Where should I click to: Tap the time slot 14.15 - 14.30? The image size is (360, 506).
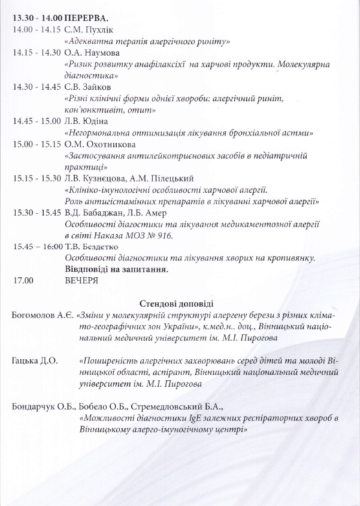pos(37,52)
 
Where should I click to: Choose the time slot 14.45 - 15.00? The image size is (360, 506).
pos(37,120)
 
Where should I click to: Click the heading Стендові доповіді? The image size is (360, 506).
pos(176,304)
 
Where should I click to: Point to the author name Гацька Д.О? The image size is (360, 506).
pos(35,361)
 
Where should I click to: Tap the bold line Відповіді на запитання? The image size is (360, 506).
pos(116,269)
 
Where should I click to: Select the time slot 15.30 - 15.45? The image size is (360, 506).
pos(37,213)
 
